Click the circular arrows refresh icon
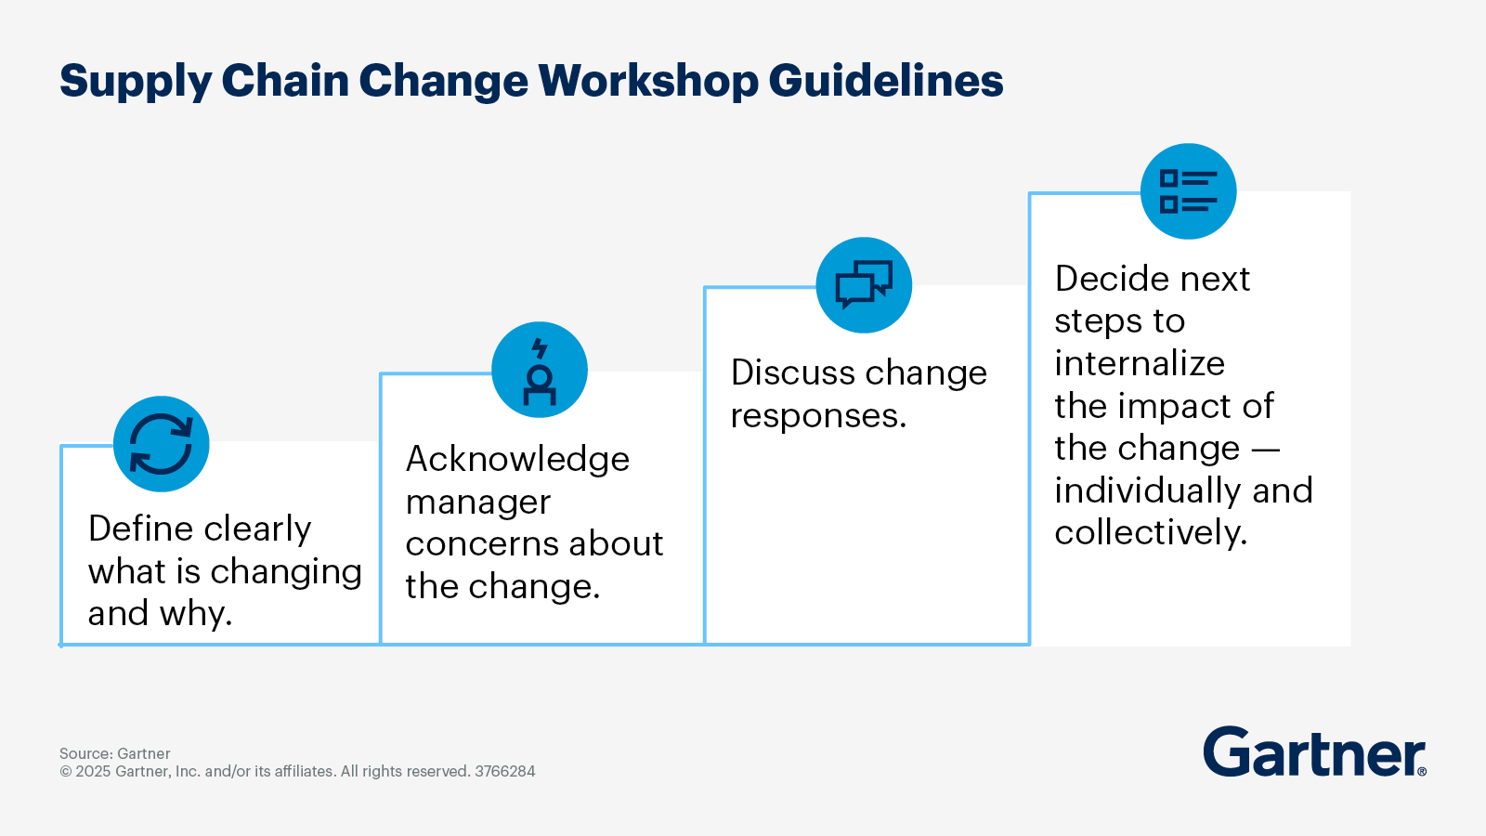(162, 444)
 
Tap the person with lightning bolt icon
(540, 371)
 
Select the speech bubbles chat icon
(864, 285)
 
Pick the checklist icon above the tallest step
(1188, 191)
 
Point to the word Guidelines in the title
(886, 81)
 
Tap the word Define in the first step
(140, 529)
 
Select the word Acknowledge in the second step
(517, 460)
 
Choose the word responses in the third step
(817, 416)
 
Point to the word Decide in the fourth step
(1111, 279)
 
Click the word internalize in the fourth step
(1140, 363)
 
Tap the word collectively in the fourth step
(1150, 532)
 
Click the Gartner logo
(1314, 752)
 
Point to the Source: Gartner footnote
(115, 753)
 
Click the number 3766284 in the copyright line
(504, 771)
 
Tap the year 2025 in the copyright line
(93, 771)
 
